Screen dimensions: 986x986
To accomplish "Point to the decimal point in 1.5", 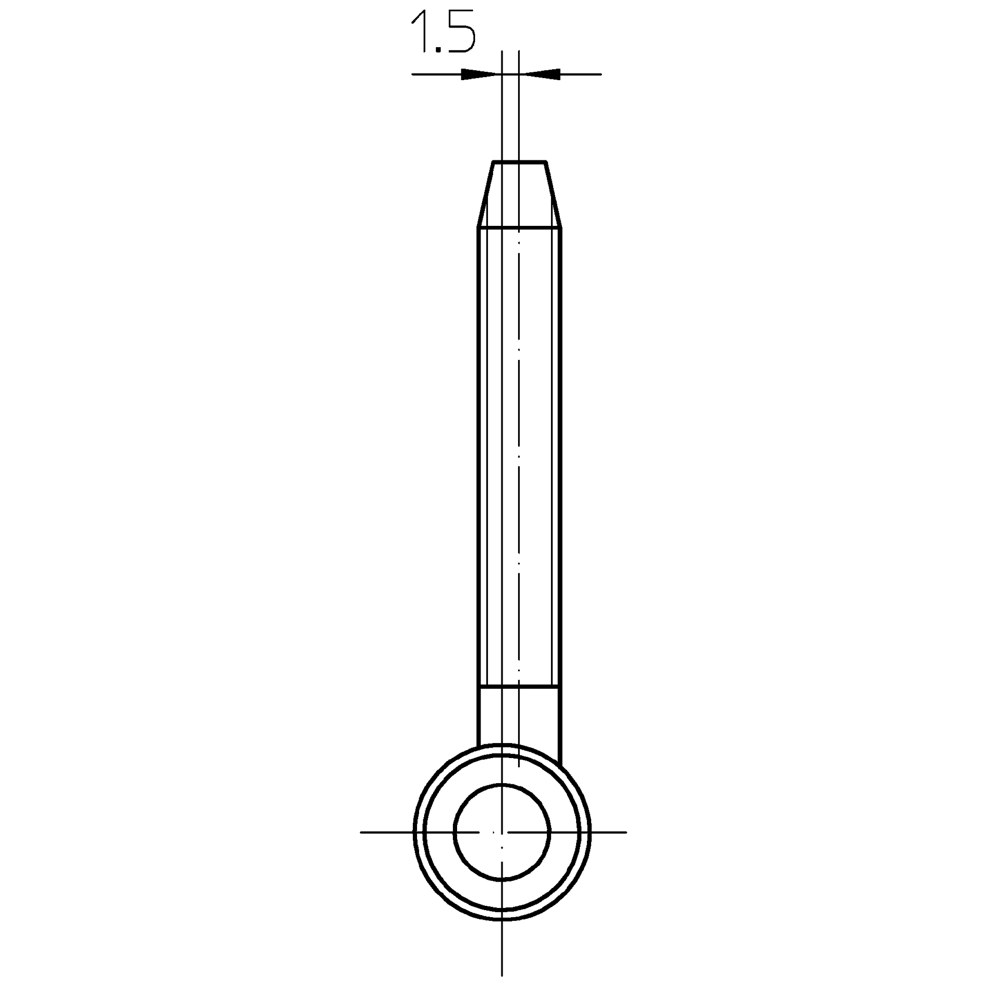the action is point(438,50).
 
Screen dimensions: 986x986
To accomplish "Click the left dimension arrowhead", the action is point(479,74).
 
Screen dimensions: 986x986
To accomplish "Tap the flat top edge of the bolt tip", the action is point(520,162).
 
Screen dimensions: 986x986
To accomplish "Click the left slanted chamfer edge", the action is point(485,195).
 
